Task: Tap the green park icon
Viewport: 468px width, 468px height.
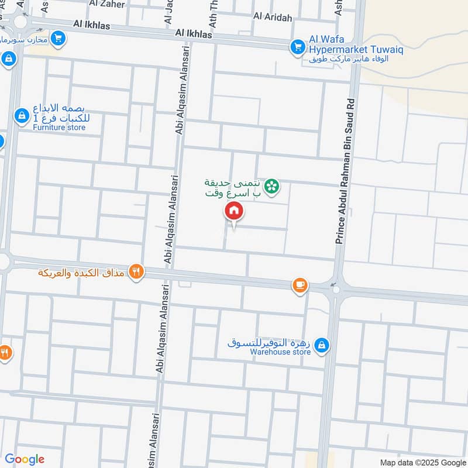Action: click(271, 187)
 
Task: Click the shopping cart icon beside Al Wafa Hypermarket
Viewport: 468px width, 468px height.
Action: click(298, 46)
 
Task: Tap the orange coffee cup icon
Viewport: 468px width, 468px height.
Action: click(300, 285)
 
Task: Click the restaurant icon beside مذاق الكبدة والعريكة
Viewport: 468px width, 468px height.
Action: click(136, 271)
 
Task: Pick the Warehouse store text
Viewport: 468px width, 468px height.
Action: click(280, 352)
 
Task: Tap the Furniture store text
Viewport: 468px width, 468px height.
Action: click(59, 127)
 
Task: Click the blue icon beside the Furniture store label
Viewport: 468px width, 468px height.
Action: click(21, 116)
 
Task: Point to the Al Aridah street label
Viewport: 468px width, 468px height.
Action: click(272, 18)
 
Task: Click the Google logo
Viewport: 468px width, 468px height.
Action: click(25, 459)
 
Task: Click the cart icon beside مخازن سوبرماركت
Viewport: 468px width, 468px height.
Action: click(57, 39)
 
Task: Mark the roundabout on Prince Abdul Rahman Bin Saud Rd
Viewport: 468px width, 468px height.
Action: click(335, 289)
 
